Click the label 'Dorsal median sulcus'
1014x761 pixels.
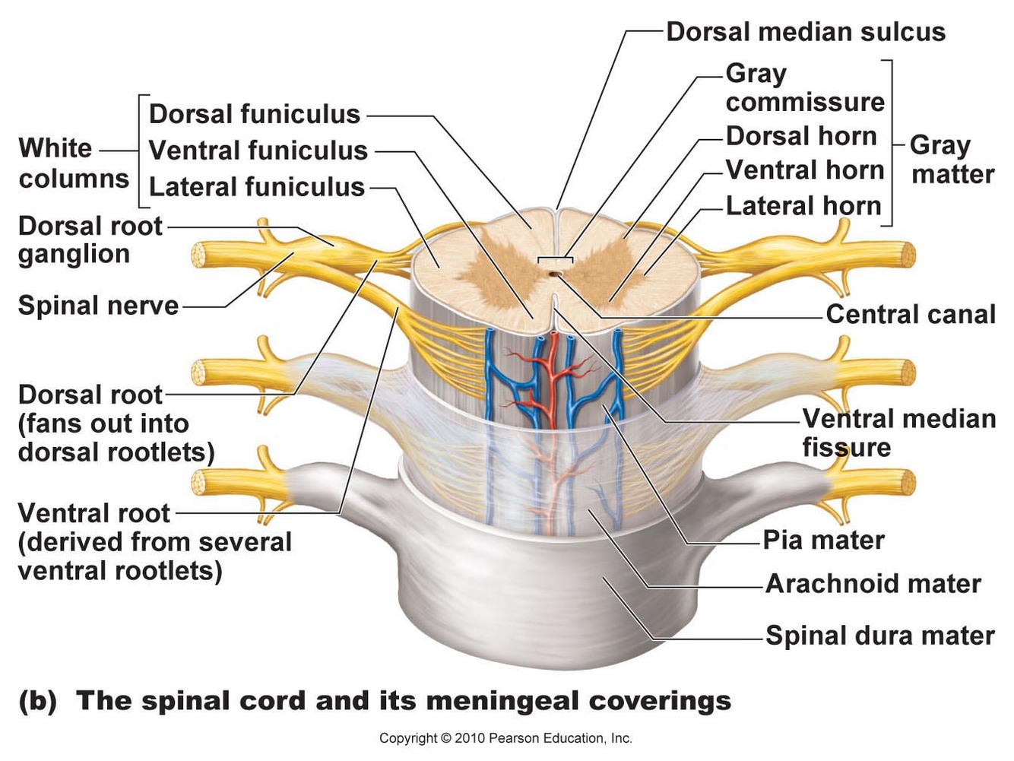(805, 32)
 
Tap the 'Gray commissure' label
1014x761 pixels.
(804, 87)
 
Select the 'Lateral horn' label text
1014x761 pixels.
(803, 205)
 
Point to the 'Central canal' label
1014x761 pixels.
(910, 314)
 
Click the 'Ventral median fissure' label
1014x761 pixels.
(898, 433)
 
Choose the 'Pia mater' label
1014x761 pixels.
(823, 540)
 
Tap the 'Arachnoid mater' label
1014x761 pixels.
(873, 584)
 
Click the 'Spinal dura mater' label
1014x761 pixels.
(879, 636)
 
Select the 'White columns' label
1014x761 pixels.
(73, 163)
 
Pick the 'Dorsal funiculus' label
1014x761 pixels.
(254, 114)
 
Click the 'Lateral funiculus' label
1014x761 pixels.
(256, 187)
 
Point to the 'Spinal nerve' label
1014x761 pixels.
(98, 306)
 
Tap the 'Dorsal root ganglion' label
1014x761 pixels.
(90, 239)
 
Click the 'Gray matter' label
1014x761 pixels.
(952, 160)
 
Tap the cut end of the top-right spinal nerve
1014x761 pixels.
(906, 254)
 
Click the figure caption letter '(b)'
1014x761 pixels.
(37, 700)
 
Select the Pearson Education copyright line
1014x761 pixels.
(505, 738)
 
